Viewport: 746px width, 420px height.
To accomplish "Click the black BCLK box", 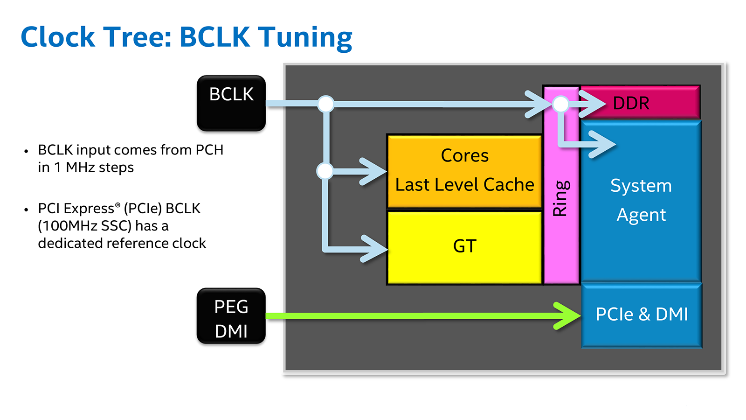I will pyautogui.click(x=231, y=103).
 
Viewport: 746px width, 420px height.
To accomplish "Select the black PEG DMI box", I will pyautogui.click(x=231, y=316).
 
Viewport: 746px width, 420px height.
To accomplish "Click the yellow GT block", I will pyautogui.click(x=464, y=246).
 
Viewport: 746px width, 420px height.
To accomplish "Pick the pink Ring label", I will pyautogui.click(x=560, y=198).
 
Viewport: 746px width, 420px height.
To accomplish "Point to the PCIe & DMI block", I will pyautogui.click(x=642, y=315).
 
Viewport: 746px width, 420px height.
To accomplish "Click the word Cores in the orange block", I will pyautogui.click(x=464, y=156).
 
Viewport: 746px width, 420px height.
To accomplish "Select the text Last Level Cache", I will pyautogui.click(x=464, y=185).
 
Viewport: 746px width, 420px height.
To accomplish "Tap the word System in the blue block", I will pyautogui.click(x=641, y=186).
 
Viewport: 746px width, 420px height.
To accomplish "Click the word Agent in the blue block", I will pyautogui.click(x=641, y=215).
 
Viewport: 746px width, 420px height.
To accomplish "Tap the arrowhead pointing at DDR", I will pyautogui.click(x=594, y=104).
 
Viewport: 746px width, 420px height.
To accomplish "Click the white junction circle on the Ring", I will pyautogui.click(x=560, y=104).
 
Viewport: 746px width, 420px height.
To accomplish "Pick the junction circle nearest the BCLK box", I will pyautogui.click(x=326, y=104).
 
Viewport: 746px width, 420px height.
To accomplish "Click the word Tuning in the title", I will pyautogui.click(x=305, y=37).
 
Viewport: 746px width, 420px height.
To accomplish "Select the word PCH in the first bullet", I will pyautogui.click(x=209, y=150).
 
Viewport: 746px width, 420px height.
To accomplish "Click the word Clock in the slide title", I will pyautogui.click(x=58, y=37).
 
